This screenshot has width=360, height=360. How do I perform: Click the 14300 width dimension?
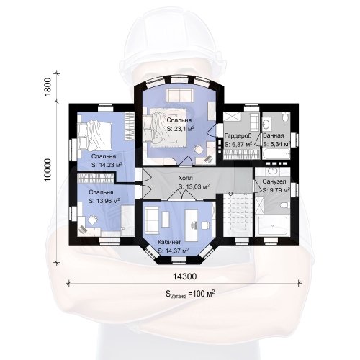(x=184, y=276)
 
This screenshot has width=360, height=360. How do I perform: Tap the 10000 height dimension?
(x=48, y=170)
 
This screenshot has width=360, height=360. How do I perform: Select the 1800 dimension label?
(x=48, y=87)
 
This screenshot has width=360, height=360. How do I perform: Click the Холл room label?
(x=185, y=178)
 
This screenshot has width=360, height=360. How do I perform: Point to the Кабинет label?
(x=169, y=242)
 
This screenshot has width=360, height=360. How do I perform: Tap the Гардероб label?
(x=238, y=135)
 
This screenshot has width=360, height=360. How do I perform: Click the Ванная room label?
(x=274, y=135)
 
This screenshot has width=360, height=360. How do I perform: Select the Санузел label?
(x=274, y=181)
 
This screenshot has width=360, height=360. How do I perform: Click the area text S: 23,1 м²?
(x=181, y=129)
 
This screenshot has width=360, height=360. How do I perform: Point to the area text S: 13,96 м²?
(x=104, y=201)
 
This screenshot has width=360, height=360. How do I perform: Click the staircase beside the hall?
(x=238, y=215)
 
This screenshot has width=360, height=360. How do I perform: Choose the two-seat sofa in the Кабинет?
(x=152, y=221)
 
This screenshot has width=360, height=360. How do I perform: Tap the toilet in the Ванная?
(x=285, y=117)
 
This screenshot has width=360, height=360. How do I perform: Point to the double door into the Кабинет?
(x=183, y=194)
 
